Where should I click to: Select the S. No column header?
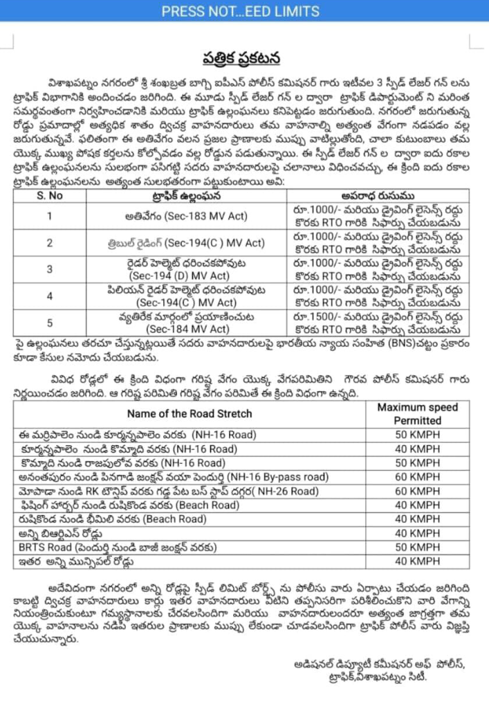coord(50,195)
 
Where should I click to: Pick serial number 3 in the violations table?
coord(50,269)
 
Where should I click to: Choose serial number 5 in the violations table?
coord(50,322)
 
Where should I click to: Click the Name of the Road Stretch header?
coord(189,414)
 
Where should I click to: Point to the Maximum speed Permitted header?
coord(417,413)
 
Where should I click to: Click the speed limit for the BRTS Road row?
coord(417,547)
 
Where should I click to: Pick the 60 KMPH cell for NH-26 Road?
coord(417,491)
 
